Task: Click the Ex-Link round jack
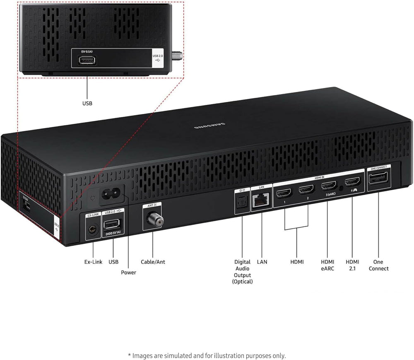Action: [92, 228]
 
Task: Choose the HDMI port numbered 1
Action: [285, 193]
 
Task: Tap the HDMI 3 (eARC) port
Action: [329, 186]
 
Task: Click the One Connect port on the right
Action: [378, 180]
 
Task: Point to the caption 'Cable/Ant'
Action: [153, 262]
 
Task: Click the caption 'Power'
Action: [128, 272]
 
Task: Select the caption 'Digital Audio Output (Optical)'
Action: [242, 271]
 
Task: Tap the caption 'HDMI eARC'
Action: [327, 265]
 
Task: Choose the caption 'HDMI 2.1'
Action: [353, 265]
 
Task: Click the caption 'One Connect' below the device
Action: [378, 265]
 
